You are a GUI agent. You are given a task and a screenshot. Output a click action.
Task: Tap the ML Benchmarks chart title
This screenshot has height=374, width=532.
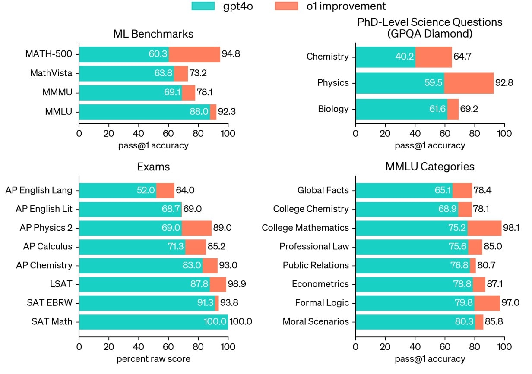click(x=153, y=34)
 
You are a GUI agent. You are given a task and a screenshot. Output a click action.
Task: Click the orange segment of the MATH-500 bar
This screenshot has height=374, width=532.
click(x=194, y=54)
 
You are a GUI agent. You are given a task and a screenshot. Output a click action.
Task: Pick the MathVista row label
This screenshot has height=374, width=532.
click(x=51, y=73)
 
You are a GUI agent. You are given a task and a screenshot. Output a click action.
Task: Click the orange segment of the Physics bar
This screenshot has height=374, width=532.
click(x=469, y=83)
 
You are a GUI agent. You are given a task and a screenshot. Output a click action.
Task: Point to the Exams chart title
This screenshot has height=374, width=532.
click(x=153, y=167)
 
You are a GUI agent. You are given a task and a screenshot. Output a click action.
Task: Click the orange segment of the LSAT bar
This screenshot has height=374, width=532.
click(x=218, y=284)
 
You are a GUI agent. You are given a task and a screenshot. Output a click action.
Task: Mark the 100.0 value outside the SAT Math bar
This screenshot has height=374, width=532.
click(x=241, y=322)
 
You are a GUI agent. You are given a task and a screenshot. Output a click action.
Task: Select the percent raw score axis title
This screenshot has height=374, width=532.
click(x=153, y=358)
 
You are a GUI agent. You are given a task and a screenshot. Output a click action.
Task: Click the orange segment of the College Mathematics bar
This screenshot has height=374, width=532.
click(x=484, y=228)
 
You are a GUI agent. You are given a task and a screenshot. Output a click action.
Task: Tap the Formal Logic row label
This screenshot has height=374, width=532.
click(x=322, y=303)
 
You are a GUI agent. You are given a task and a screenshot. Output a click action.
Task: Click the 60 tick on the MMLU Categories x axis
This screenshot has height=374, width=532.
click(x=445, y=346)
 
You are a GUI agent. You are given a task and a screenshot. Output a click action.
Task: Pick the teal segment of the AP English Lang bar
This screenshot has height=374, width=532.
click(x=117, y=190)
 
